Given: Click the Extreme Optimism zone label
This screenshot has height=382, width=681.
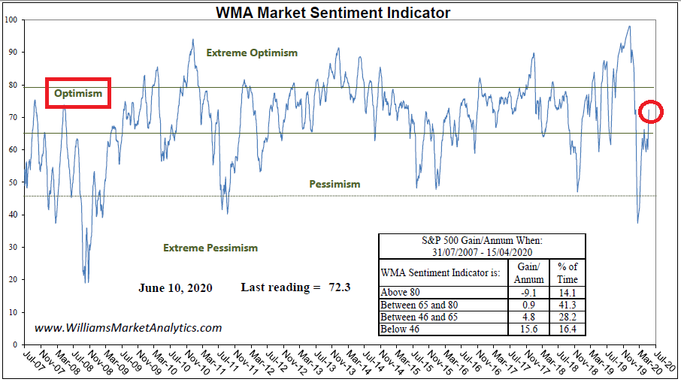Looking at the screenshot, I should coord(252,53).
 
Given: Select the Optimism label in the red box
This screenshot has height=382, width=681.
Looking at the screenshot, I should coord(78,94).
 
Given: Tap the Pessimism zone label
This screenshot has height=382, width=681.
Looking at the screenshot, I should coord(334,184).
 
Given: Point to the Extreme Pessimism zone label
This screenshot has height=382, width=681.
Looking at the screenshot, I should coord(210,248).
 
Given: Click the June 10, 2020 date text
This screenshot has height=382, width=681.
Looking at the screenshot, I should coord(175,287).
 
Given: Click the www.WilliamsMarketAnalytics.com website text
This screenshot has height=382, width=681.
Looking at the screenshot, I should coord(129,327).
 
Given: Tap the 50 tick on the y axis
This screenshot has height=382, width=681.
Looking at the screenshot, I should coord(14,182).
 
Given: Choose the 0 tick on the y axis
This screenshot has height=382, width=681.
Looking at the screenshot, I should coord(17,345).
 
